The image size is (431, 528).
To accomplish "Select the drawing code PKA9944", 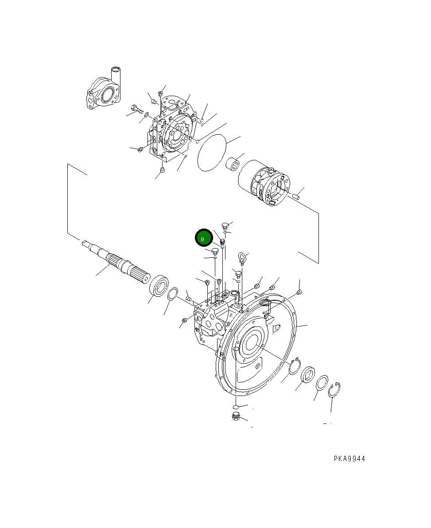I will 349,459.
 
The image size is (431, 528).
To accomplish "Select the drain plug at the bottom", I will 236,416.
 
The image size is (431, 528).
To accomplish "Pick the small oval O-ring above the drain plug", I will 236,406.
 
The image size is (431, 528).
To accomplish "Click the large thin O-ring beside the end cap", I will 212,153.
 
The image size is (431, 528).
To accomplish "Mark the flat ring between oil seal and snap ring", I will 322,382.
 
